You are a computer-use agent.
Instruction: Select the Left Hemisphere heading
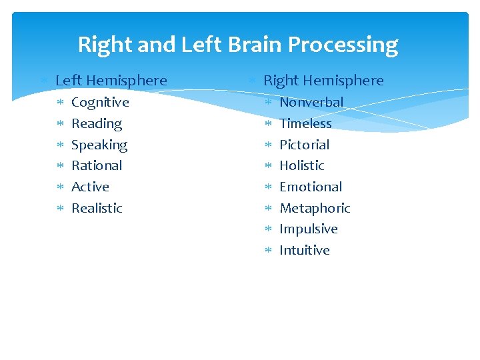[x=111, y=81]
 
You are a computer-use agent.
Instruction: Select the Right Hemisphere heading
[x=323, y=81]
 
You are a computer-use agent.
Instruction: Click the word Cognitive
[x=100, y=102]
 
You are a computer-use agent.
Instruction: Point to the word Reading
[x=97, y=123]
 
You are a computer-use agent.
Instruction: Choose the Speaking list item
[x=99, y=145]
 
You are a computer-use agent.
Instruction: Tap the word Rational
[x=97, y=165]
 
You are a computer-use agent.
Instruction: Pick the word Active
[x=90, y=187]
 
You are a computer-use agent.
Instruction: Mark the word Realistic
[x=97, y=208]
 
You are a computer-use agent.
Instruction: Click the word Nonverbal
[x=311, y=102]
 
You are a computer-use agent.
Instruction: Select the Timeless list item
[x=305, y=123]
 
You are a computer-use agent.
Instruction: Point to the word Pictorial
[x=304, y=145]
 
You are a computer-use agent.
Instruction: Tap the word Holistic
[x=301, y=165]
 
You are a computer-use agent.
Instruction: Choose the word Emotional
[x=311, y=187]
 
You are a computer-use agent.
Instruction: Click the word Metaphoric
[x=315, y=208]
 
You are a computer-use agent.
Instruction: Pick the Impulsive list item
[x=309, y=229]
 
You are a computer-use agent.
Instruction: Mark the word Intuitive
[x=305, y=250]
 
